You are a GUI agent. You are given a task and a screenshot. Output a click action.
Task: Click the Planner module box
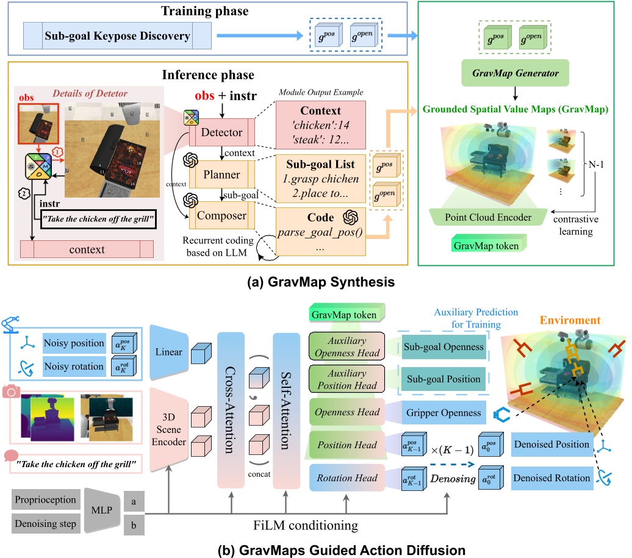(221, 174)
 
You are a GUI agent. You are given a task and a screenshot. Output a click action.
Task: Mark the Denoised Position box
(551, 445)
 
